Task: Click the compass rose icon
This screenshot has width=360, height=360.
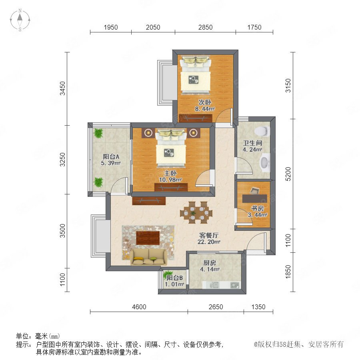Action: (20, 20)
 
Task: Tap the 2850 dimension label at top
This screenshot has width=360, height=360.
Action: (205, 27)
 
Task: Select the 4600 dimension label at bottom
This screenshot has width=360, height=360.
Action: (139, 307)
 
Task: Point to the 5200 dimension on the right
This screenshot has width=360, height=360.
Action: (288, 174)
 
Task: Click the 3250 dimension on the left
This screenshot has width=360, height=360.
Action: (62, 160)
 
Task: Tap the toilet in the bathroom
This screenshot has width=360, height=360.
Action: (262, 131)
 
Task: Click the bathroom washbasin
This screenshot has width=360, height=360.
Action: (265, 162)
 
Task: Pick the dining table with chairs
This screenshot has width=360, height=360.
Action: (196, 212)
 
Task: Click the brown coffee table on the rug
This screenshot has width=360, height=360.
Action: (148, 238)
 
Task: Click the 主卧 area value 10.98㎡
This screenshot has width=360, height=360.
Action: (170, 180)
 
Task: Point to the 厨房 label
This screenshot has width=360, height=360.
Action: (209, 263)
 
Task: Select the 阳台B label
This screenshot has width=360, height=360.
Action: (174, 278)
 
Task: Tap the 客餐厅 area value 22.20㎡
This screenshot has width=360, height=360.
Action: (209, 242)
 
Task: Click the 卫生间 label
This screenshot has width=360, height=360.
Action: (252, 143)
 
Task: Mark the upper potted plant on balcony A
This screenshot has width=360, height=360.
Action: (98, 133)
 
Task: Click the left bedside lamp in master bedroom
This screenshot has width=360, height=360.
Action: (148, 133)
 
